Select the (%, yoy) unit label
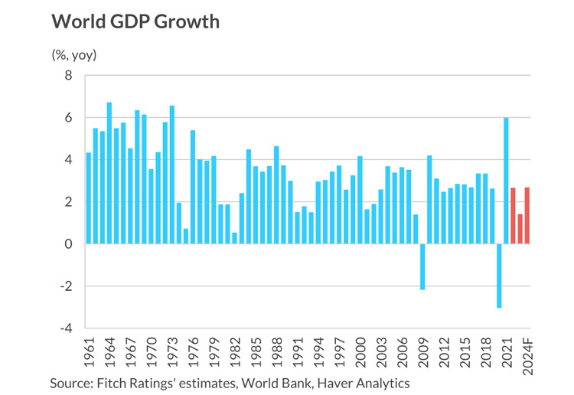pyautogui.click(x=74, y=55)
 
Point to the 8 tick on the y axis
pyautogui.click(x=68, y=76)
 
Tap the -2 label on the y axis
pyautogui.click(x=67, y=286)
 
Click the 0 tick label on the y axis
pyautogui.click(x=68, y=243)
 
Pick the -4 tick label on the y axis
pyautogui.click(x=67, y=328)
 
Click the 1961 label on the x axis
pyautogui.click(x=89, y=352)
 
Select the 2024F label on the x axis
pyautogui.click(x=527, y=356)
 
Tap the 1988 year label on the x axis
pyautogui.click(x=277, y=352)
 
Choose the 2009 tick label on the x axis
pyautogui.click(x=422, y=352)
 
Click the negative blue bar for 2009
pyautogui.click(x=422, y=266)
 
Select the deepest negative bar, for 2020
pyautogui.click(x=499, y=276)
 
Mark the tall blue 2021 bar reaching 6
pyautogui.click(x=506, y=181)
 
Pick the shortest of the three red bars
pyautogui.click(x=520, y=229)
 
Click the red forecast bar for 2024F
pyautogui.click(x=527, y=216)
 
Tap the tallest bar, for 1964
pyautogui.click(x=109, y=173)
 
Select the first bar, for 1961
pyautogui.click(x=88, y=198)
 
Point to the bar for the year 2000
pyautogui.click(x=360, y=200)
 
